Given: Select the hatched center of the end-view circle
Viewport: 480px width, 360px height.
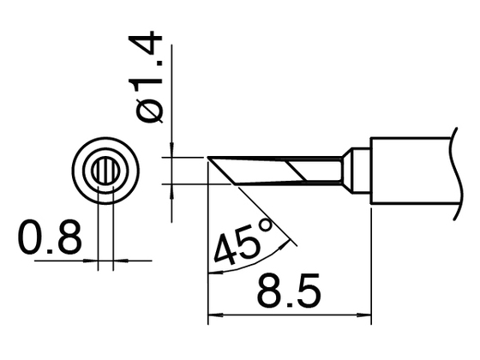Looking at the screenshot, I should pos(105,169).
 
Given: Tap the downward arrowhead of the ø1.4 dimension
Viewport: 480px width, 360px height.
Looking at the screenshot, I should pos(172,152).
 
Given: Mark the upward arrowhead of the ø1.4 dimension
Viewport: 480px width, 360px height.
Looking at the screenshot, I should pos(172,189).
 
